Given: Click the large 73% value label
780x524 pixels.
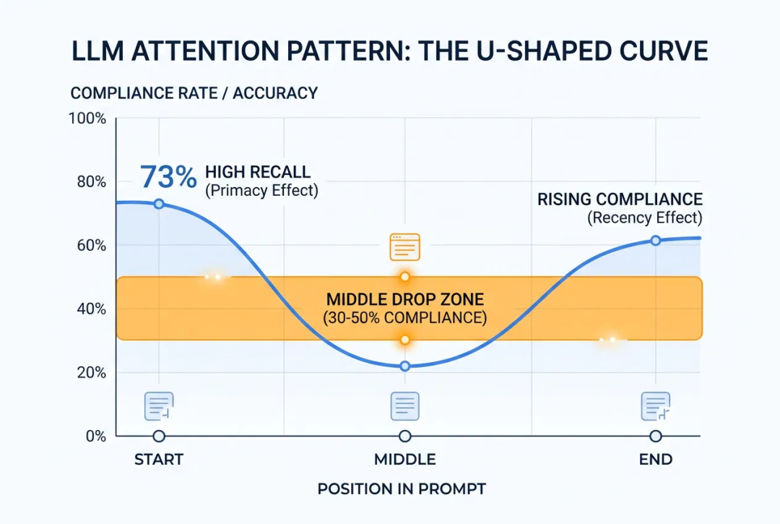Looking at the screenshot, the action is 168,176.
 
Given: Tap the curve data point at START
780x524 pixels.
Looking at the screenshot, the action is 159,204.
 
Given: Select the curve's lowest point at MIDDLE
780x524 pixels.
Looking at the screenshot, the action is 405,366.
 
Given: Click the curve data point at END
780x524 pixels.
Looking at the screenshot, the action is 656,241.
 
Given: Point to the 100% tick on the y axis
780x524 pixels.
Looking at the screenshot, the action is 87,119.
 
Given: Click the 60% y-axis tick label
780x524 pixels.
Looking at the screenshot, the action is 92,245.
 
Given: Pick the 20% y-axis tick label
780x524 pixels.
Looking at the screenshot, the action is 92,372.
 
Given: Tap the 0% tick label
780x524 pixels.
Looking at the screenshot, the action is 96,436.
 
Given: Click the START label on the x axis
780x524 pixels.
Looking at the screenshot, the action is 159,459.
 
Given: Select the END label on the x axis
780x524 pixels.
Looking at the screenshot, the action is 656,459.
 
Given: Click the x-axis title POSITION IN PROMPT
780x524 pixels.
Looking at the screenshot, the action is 402,489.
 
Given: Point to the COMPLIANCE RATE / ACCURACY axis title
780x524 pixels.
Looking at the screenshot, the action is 194,93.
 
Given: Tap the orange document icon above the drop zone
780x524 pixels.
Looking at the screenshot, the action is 405,247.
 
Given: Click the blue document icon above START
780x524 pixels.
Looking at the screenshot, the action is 159,406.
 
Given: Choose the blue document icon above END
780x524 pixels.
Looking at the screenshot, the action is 656,406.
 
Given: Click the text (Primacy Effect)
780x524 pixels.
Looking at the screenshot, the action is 261,191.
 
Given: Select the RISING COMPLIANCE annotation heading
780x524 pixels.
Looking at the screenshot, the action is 620,199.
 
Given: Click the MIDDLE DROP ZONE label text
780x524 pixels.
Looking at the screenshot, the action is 405,299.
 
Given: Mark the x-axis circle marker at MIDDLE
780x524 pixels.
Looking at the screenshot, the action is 405,436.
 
